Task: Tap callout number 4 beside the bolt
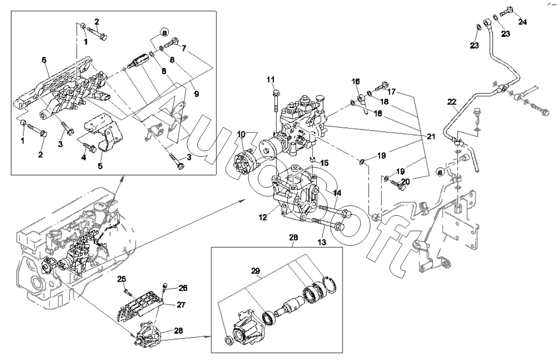[x=83, y=158]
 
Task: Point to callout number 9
[x=196, y=93]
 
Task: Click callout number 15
[x=323, y=163]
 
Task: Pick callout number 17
[x=391, y=92]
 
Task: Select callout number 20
[x=405, y=181]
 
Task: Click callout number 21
[x=431, y=136]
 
